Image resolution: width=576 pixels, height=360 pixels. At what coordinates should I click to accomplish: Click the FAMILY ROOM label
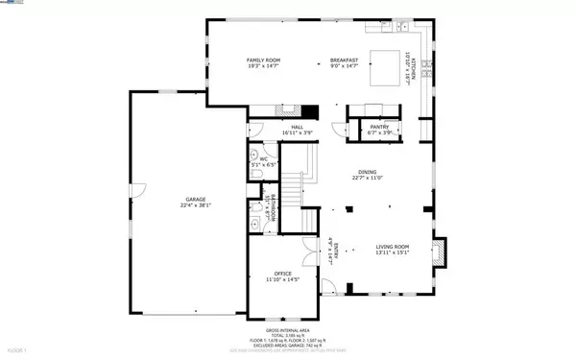coord(265,60)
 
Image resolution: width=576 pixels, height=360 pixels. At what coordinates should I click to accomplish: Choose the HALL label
coord(297,126)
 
